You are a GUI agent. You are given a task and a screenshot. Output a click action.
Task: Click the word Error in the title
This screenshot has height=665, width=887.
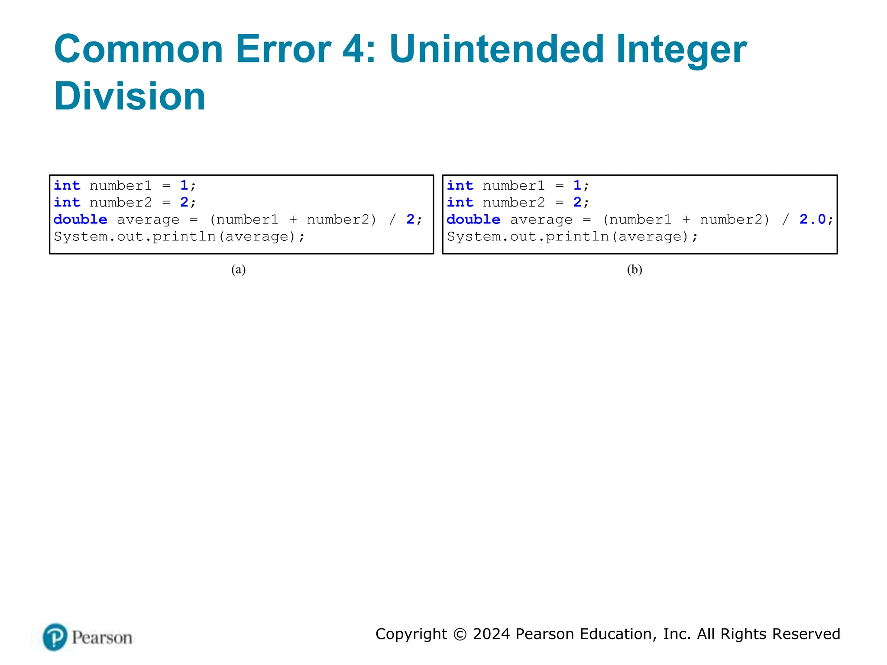tap(283, 49)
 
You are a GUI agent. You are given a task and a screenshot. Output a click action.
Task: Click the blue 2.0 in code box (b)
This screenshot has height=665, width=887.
tap(813, 220)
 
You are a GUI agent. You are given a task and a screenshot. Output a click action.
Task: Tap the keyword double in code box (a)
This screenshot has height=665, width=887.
tap(81, 220)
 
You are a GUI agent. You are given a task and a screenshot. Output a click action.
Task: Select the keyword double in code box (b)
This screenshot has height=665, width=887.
tap(473, 220)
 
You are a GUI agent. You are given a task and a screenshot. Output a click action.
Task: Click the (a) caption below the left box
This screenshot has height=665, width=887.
tap(238, 270)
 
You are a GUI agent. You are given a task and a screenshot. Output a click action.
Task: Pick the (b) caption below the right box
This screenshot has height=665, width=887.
tap(634, 270)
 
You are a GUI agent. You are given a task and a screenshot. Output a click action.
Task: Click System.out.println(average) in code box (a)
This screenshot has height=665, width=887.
tap(179, 237)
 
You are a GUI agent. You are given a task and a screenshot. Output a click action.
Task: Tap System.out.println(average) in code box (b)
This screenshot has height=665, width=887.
tap(572, 237)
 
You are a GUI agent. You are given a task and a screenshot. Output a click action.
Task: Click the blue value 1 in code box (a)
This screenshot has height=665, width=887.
tap(184, 186)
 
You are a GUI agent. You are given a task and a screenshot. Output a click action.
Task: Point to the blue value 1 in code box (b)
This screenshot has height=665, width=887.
tap(577, 186)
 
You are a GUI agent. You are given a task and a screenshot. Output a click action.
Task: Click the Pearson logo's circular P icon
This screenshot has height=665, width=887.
tap(55, 637)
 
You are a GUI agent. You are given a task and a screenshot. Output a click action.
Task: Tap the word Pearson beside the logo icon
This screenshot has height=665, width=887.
tap(102, 638)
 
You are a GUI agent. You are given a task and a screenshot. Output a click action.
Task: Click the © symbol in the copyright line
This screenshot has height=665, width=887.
tap(460, 634)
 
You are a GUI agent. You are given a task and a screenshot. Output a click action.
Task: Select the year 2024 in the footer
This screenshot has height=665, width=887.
tap(492, 634)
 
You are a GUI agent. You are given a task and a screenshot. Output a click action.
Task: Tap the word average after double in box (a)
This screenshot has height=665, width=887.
tap(148, 220)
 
